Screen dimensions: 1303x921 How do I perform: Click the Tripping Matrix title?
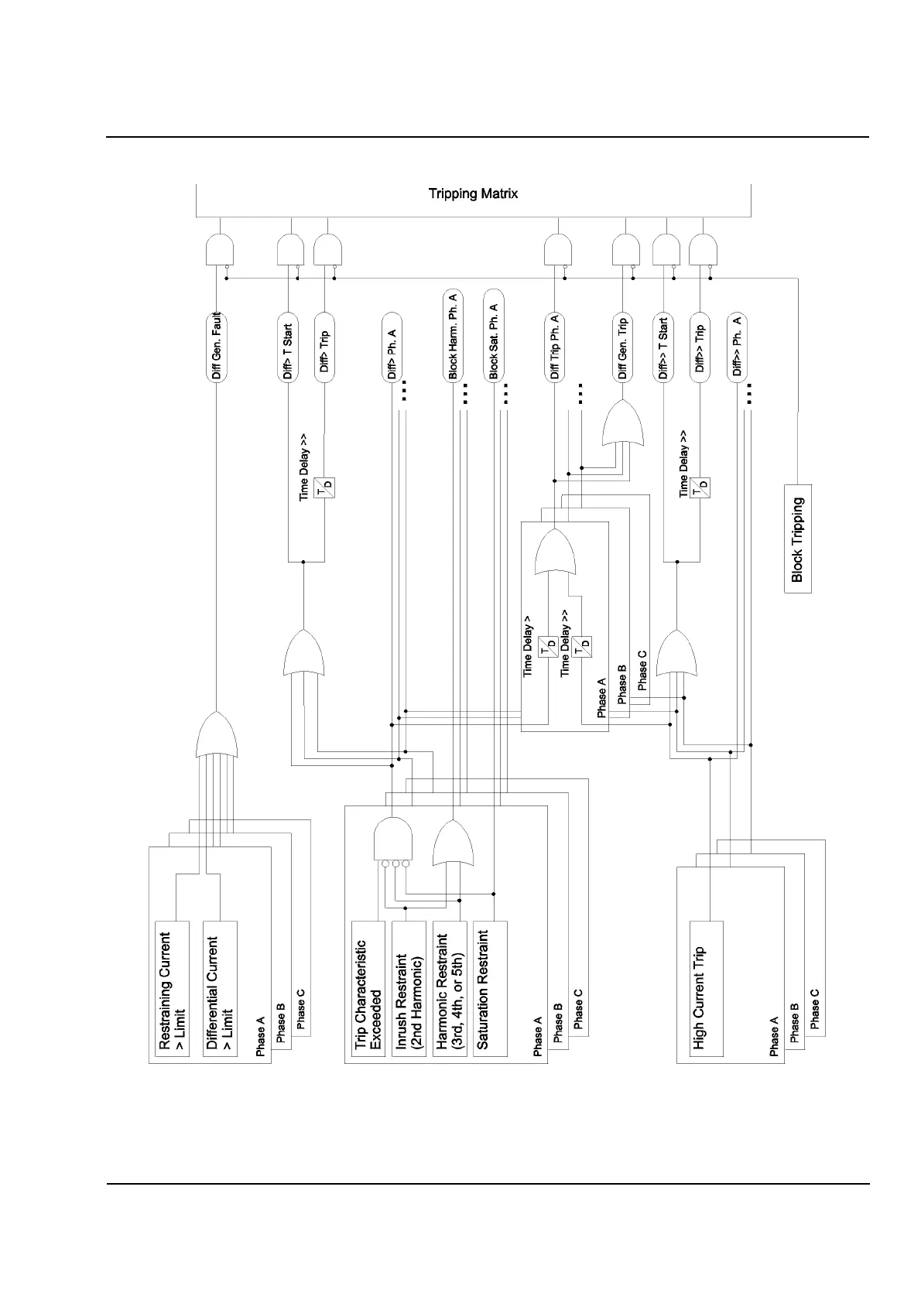pyautogui.click(x=473, y=193)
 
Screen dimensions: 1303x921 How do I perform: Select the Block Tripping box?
pyautogui.click(x=798, y=539)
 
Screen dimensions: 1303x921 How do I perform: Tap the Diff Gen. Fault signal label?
pyautogui.click(x=217, y=346)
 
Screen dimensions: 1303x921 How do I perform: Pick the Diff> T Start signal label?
pyautogui.click(x=288, y=351)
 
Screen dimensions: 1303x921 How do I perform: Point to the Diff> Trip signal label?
pyautogui.click(x=326, y=351)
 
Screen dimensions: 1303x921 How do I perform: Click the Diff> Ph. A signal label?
pyautogui.click(x=392, y=354)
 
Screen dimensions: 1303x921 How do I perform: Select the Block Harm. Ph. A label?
pyautogui.click(x=453, y=335)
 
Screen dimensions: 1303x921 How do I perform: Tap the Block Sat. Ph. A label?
pyautogui.click(x=493, y=335)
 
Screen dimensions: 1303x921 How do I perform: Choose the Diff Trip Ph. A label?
pyautogui.click(x=554, y=346)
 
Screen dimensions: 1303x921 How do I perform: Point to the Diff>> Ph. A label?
pyautogui.click(x=737, y=346)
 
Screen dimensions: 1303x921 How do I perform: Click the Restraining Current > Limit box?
pyautogui.click(x=173, y=989)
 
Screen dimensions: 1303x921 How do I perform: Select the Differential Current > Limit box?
pyautogui.click(x=220, y=989)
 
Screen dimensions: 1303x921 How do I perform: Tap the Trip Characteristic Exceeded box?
pyautogui.click(x=368, y=989)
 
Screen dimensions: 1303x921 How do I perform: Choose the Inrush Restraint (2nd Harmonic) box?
pyautogui.click(x=409, y=989)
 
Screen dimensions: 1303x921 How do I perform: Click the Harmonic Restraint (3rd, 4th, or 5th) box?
pyautogui.click(x=450, y=989)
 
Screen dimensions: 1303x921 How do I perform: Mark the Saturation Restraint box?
pyautogui.click(x=490, y=989)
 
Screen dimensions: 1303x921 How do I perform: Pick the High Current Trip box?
pyautogui.click(x=705, y=989)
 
